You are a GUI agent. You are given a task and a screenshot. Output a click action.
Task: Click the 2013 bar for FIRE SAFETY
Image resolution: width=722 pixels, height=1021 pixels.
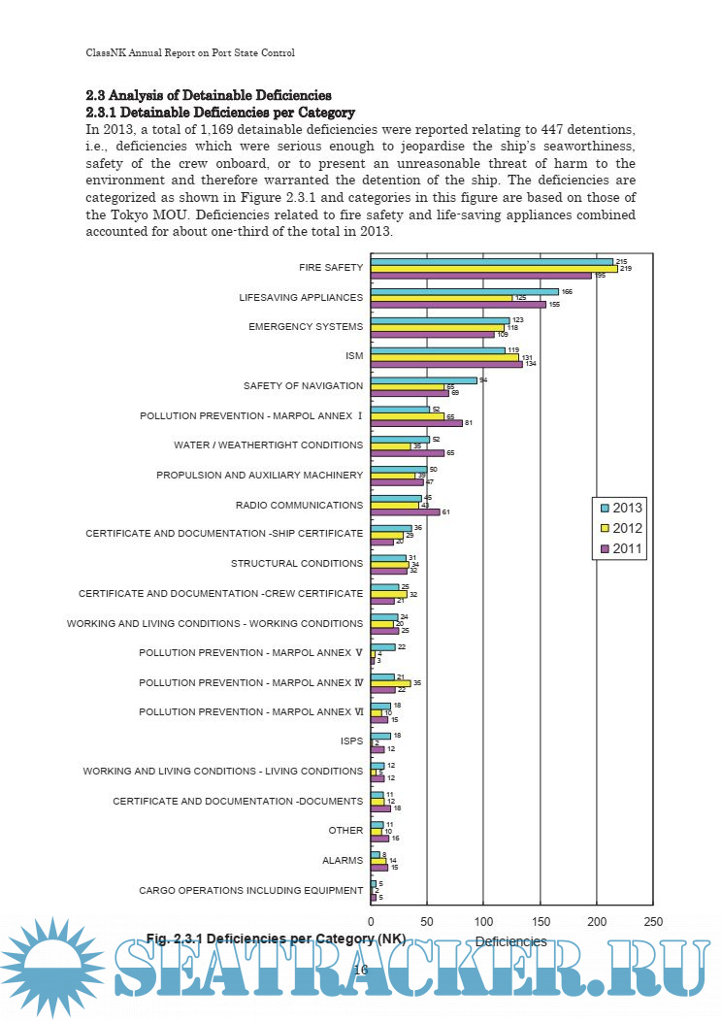point(492,261)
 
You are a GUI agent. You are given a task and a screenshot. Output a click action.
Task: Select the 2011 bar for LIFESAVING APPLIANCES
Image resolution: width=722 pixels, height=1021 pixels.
point(458,305)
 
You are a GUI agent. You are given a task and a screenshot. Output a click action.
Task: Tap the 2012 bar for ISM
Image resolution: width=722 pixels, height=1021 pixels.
point(444,356)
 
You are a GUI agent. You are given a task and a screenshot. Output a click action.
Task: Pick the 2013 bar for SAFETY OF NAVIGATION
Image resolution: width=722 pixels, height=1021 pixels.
point(424,380)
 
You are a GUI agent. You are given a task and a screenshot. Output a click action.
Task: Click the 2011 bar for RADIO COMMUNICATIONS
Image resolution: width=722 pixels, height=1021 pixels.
point(405,511)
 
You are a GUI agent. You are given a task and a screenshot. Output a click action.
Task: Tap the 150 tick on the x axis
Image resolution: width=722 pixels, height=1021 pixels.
point(541,921)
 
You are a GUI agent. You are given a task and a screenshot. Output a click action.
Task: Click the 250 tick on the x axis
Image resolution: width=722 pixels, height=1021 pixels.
point(653,921)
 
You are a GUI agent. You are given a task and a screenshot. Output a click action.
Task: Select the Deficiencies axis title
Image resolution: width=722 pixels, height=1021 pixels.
point(510,941)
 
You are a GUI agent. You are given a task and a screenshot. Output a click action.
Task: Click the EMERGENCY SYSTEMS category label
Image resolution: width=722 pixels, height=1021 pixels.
point(306,326)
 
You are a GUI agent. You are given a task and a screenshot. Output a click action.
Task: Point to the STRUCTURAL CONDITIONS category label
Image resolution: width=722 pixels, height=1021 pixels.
point(297,563)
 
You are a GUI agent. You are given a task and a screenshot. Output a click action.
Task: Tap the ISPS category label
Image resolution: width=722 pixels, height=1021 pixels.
point(351,741)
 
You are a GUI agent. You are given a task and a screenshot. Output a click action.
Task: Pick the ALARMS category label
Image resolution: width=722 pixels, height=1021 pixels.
point(343,860)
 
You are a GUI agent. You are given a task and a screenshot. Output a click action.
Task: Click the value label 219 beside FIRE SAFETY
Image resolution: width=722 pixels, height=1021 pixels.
point(625,268)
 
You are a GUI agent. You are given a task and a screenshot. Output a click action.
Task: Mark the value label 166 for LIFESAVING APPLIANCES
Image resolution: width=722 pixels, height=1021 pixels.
point(568,291)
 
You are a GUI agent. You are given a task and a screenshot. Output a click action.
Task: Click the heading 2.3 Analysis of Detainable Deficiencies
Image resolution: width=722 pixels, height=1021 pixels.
point(209,95)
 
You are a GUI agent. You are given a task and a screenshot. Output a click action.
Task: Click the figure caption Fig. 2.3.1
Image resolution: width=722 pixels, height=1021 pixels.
point(276,939)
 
